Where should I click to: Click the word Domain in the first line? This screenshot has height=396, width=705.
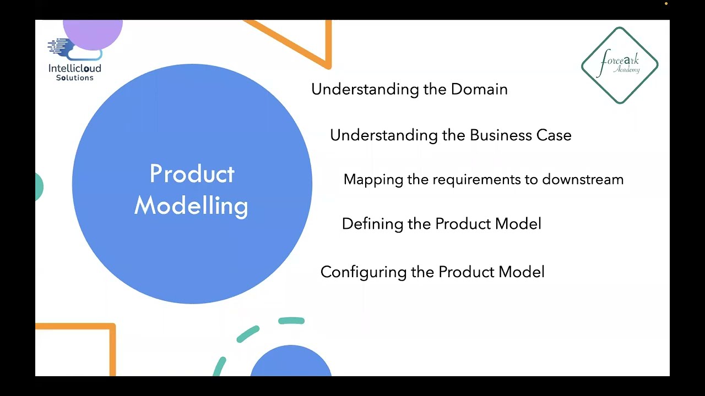[x=479, y=89]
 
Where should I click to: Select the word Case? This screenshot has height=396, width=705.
[x=554, y=135]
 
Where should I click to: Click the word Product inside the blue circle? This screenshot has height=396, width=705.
[x=192, y=174]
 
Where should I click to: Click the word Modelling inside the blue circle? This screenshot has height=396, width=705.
[x=191, y=206]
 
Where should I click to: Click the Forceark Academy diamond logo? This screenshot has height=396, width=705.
[x=620, y=65]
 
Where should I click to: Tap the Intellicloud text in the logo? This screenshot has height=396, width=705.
[x=75, y=69]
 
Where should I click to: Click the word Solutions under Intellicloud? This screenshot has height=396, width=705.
[x=75, y=78]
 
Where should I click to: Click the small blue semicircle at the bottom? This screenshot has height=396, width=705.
[x=291, y=363]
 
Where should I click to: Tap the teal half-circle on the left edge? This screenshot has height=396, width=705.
[x=39, y=187]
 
